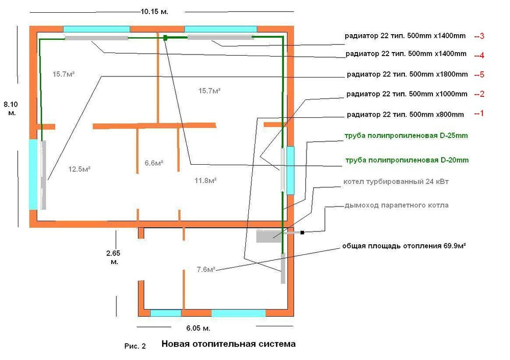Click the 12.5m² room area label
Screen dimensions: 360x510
79,169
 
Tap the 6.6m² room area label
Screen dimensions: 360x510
154,163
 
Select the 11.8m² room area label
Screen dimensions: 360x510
207,180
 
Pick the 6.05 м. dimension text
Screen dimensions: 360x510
195,327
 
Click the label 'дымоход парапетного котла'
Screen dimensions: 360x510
396,205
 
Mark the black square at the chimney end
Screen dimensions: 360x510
302,233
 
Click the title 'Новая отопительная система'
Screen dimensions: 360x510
228,344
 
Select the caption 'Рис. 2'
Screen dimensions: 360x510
135,346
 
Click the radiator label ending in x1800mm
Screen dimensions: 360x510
407,74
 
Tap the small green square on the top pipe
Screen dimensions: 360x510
166,37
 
